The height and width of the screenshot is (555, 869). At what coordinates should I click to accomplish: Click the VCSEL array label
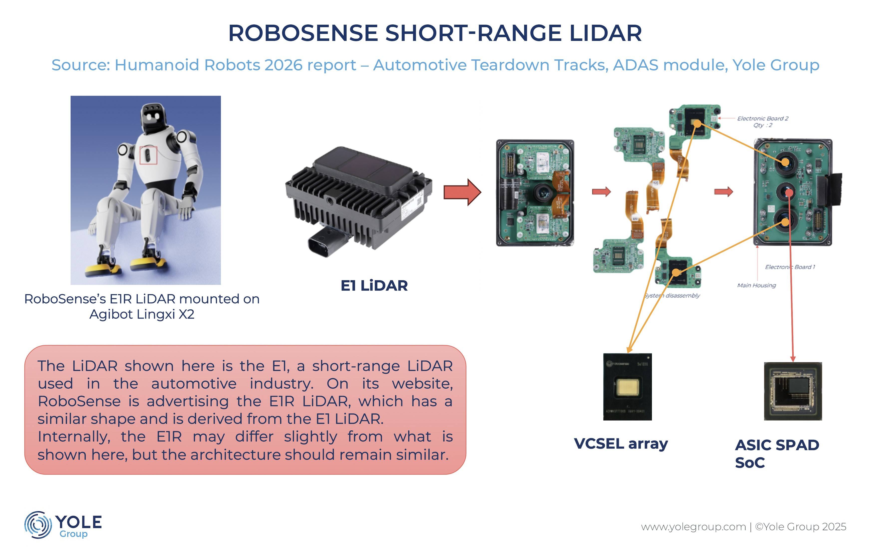point(621,444)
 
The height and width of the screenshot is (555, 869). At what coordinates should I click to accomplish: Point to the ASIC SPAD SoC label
point(777,454)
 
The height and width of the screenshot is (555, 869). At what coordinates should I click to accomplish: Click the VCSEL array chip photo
point(628,387)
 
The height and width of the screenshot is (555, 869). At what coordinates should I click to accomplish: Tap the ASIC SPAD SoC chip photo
point(793,391)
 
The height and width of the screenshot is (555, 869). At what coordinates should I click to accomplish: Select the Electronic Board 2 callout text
point(762,121)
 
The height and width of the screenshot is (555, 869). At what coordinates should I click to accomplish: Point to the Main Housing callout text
point(756,285)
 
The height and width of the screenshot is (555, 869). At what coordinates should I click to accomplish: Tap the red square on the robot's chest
point(148,155)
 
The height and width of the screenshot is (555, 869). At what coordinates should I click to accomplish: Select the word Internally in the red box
point(74,437)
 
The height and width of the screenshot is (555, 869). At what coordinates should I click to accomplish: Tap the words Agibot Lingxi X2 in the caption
point(142,314)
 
